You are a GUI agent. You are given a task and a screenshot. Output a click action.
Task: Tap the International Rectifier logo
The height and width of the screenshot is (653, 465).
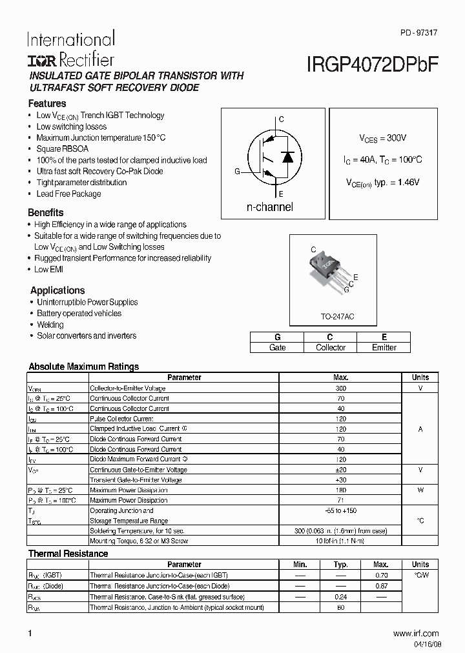70,50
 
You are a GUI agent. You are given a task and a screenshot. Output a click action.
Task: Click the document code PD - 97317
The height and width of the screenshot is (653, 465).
419,32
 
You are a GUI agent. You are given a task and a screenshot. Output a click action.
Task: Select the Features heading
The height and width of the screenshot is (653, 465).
46,103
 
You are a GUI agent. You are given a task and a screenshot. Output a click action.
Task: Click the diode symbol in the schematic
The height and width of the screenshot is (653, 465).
288,156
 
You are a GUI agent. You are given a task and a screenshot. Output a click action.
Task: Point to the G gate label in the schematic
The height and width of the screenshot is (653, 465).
237,172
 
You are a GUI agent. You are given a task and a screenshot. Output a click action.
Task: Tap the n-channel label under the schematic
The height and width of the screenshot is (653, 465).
270,207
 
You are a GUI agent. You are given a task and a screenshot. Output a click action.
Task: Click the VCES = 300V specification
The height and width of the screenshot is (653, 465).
382,138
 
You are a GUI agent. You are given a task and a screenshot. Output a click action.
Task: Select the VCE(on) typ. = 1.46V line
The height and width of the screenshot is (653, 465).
380,183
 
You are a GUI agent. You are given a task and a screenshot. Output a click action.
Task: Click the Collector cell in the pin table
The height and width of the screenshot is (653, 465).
330,347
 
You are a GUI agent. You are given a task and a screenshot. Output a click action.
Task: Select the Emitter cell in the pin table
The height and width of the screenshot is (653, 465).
384,347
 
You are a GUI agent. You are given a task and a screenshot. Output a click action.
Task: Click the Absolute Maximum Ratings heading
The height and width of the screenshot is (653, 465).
83,367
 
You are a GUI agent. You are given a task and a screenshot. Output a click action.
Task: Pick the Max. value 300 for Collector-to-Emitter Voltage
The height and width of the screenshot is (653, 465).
341,388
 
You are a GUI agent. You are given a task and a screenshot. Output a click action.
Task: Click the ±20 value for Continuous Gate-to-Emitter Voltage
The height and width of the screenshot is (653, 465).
341,470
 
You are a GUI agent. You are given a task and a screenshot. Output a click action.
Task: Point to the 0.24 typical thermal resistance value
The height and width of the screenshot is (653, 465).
341,597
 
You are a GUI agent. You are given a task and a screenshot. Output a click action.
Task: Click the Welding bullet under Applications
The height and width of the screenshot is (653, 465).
50,325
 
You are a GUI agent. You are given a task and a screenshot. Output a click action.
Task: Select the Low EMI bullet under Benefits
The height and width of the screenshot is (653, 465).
48,269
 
